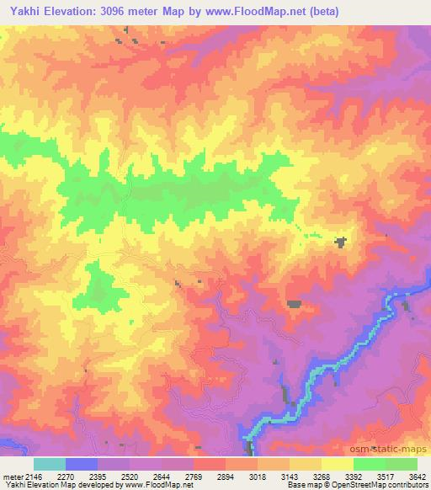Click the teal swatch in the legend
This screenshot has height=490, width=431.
49,464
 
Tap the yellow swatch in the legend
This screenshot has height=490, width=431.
337,464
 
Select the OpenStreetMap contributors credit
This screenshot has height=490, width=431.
385,485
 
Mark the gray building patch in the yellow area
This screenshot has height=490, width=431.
340,242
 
